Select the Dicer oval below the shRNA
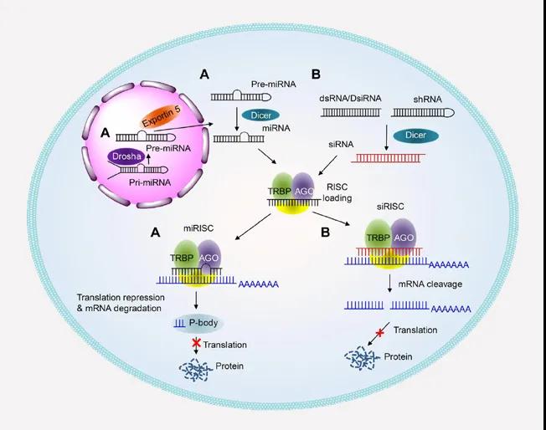415,136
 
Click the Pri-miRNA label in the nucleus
150,182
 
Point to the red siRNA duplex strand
388,158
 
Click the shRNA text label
428,100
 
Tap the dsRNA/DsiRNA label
350,99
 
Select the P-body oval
198,323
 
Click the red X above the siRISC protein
380,333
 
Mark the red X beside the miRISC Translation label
197,343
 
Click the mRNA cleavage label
430,284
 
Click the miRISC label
198,228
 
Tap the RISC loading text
337,192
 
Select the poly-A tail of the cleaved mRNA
451,310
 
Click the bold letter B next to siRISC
325,233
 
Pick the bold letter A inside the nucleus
105,133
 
